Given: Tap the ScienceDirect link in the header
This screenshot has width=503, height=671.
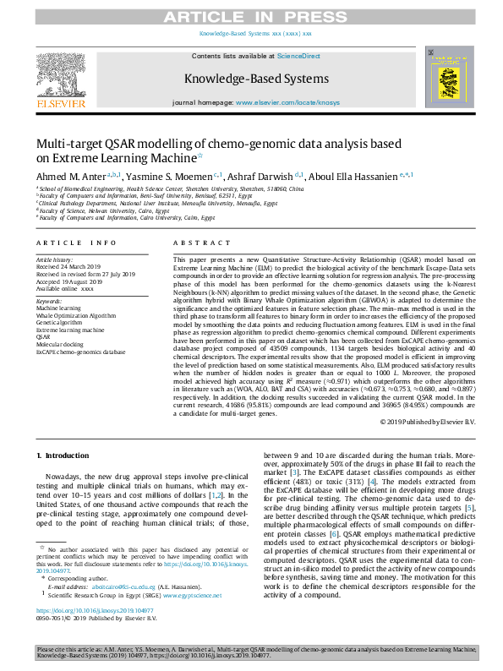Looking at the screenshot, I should (x=298, y=55).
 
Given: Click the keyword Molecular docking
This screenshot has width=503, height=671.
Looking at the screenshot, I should (x=61, y=346).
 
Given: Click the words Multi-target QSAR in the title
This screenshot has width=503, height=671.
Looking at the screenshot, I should (x=82, y=145).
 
